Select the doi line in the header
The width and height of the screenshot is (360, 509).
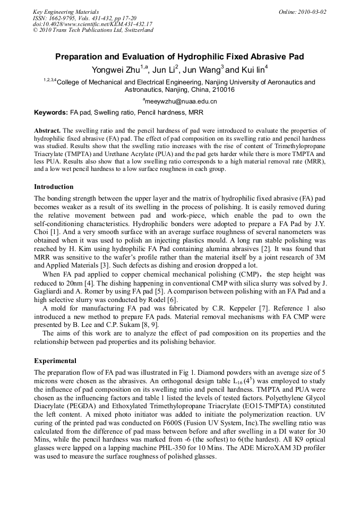92,24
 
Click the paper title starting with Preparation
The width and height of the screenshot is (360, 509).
179,56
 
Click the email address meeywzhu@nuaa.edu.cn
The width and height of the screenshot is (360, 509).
181,101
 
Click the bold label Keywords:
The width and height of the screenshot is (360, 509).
51,113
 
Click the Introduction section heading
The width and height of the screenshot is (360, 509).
54,187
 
